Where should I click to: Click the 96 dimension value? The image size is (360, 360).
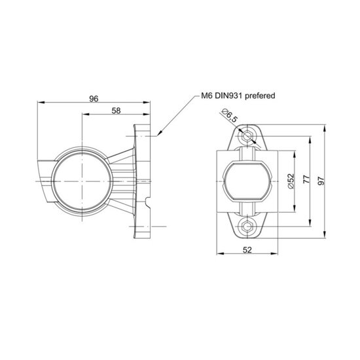[x=94, y=98]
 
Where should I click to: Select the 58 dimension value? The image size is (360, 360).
[x=116, y=111]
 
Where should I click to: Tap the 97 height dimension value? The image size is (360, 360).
[x=321, y=181]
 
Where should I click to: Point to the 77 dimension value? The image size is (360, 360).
[x=307, y=179]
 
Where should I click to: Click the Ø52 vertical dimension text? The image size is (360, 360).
[x=291, y=181]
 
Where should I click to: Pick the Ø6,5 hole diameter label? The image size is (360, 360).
[x=230, y=115]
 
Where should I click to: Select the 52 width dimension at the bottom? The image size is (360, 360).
[x=247, y=250]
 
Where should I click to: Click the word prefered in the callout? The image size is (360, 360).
[x=260, y=96]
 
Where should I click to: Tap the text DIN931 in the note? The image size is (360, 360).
[x=228, y=96]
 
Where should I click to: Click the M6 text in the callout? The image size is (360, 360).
[x=207, y=96]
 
